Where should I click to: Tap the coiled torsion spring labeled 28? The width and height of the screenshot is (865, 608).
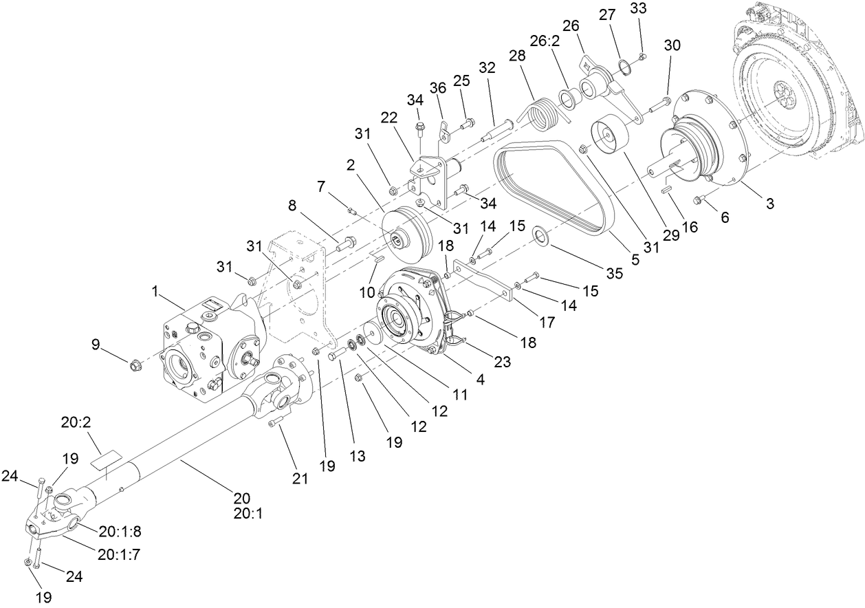pos(544,115)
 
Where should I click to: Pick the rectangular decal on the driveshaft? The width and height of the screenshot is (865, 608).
pos(107,459)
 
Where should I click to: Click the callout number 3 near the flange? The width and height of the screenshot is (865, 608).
pos(770,204)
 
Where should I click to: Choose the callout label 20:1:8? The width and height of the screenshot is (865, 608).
pos(120,531)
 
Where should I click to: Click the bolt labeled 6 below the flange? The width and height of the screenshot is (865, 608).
pos(697,200)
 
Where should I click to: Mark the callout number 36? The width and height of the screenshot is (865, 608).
pos(438,89)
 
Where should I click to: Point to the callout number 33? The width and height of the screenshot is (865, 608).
pos(639,8)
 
